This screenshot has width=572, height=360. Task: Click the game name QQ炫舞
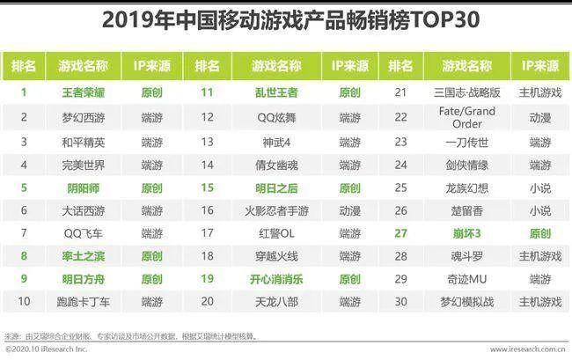click(x=276, y=115)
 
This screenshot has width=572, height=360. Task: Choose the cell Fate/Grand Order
click(x=466, y=116)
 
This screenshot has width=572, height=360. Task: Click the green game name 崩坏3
click(x=466, y=233)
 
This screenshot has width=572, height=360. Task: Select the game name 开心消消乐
click(x=276, y=278)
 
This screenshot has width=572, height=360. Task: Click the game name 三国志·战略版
click(x=466, y=91)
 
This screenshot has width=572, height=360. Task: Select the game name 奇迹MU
click(x=466, y=278)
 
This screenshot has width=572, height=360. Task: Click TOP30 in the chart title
click(x=436, y=18)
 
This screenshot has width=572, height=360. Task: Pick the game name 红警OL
click(x=276, y=233)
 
